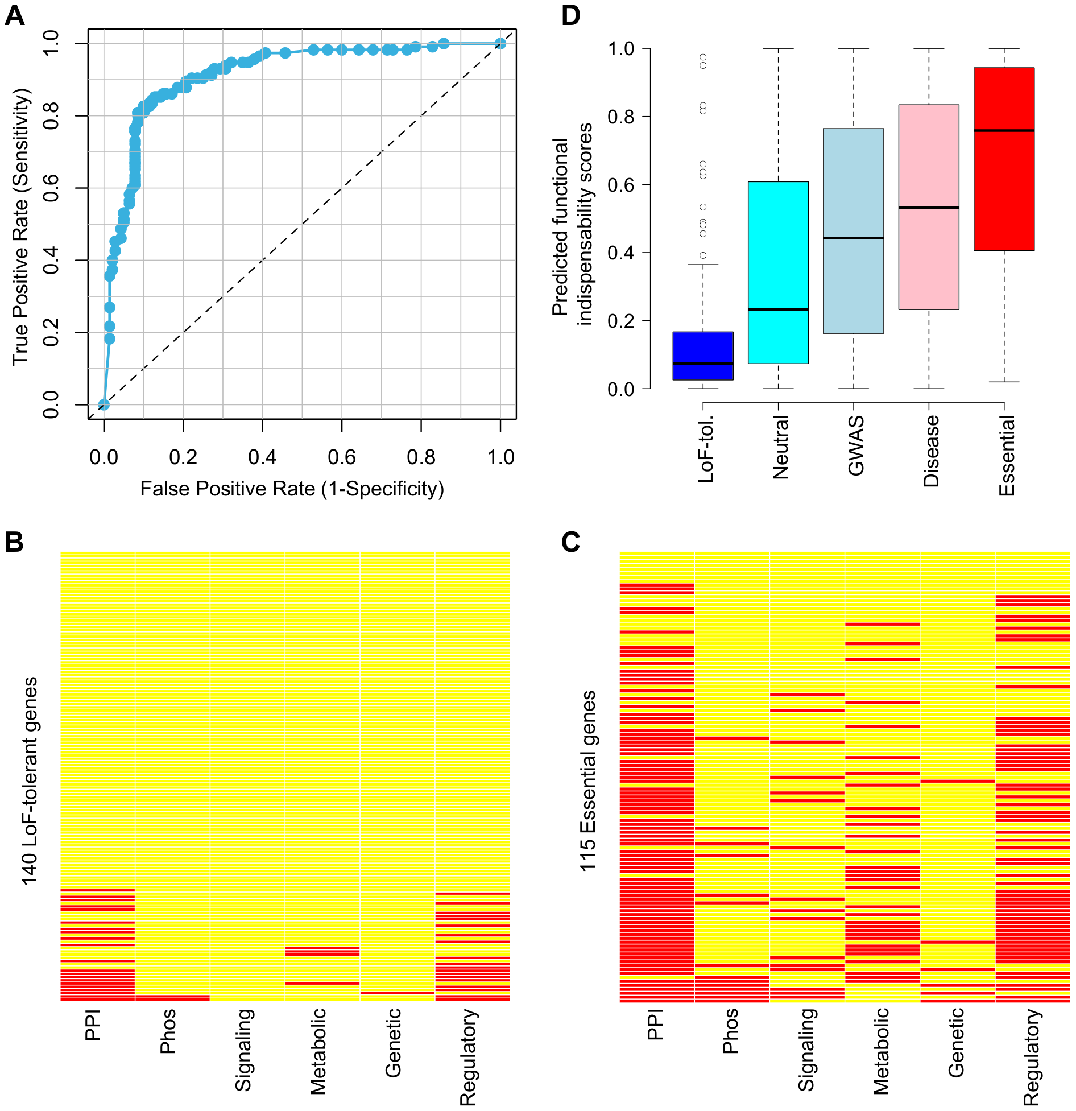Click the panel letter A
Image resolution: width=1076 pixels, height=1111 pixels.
(14, 15)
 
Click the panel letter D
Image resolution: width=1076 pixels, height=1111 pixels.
(570, 15)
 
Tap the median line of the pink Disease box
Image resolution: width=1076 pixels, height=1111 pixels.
(929, 208)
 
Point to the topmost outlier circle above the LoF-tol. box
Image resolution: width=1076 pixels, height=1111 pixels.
(703, 57)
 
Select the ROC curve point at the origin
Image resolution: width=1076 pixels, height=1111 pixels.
(104, 404)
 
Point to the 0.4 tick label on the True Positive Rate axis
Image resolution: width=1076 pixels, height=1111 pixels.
(51, 260)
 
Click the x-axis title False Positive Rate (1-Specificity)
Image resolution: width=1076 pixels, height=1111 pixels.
(292, 489)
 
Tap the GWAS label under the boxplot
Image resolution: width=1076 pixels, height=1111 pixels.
(855, 445)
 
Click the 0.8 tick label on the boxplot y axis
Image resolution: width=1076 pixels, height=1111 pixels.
(621, 117)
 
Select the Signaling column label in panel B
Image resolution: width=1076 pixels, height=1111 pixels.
(243, 1050)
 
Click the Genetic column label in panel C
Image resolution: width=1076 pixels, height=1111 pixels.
(956, 1042)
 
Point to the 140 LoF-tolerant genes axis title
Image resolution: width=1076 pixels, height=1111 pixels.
(30, 780)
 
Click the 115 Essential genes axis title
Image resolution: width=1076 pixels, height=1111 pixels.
(588, 780)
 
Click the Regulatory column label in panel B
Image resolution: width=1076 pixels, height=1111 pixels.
(468, 1056)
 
